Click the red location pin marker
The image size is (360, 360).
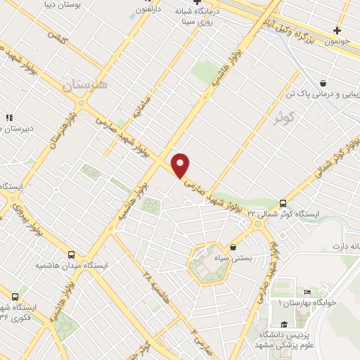tap(181, 165)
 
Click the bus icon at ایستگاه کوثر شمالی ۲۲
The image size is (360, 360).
tap(283, 202)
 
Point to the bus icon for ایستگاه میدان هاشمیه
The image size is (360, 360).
tap(71, 255)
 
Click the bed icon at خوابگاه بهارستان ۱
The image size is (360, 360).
tap(307, 292)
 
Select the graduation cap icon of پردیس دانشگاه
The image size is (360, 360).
tap(283, 323)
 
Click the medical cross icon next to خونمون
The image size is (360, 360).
tap(337, 30)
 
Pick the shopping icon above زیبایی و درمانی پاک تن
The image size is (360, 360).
tap(322, 82)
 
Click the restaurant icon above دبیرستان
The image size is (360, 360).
tap(9, 117)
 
